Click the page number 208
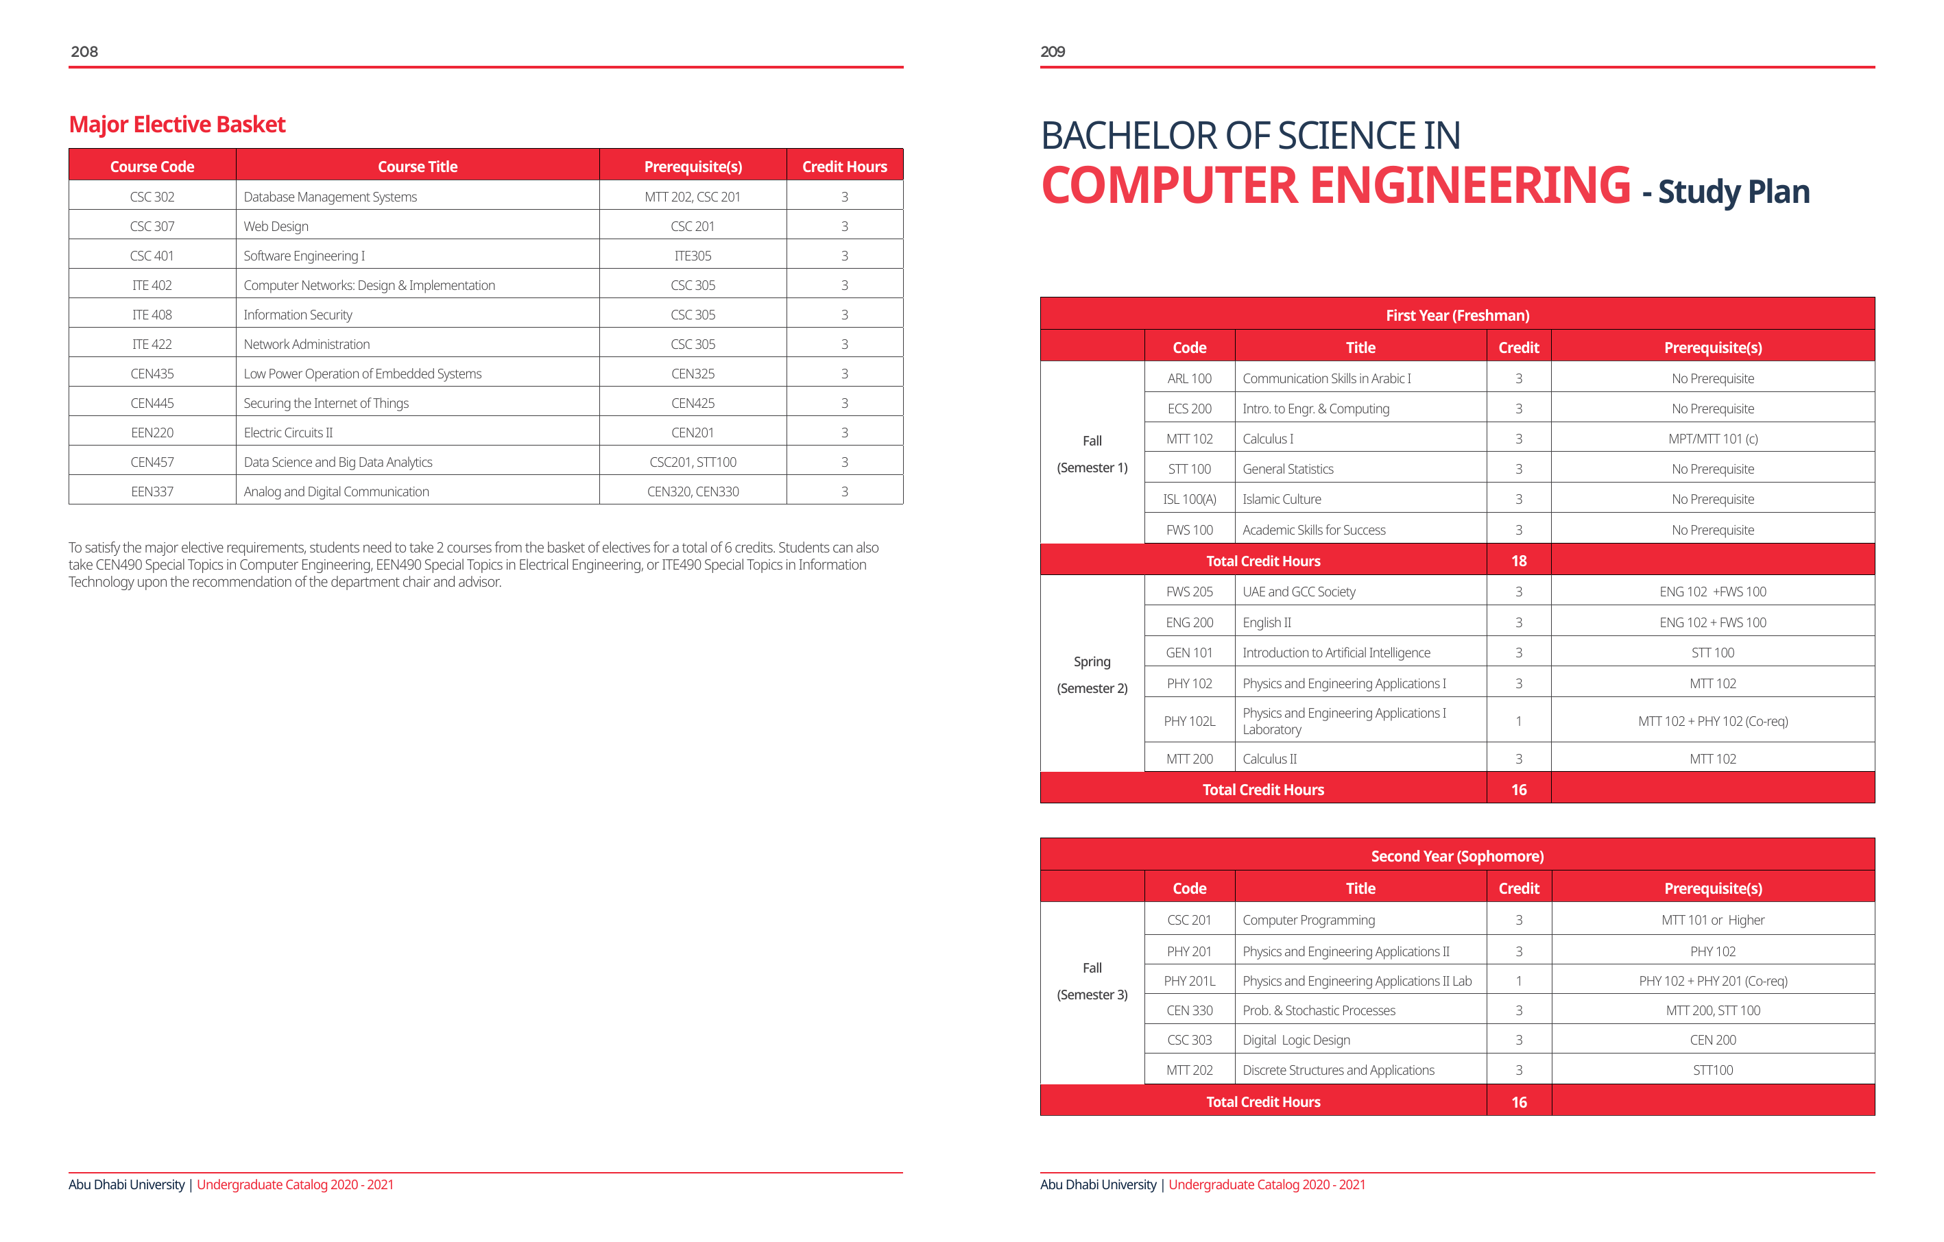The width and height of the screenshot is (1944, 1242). point(84,51)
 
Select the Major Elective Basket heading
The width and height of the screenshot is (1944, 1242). point(177,124)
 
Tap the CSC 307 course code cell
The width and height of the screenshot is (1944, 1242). point(152,227)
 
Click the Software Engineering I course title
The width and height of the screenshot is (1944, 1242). point(304,256)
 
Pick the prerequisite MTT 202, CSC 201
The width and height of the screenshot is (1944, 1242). point(692,197)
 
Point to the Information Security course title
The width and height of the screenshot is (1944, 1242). point(297,315)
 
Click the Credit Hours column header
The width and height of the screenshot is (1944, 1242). point(843,167)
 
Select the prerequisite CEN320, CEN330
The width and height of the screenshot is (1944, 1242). point(692,491)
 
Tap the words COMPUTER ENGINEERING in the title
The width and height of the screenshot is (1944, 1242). point(1335,186)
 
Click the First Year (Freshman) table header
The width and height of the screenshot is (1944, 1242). point(1456,315)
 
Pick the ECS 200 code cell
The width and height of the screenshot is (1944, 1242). point(1189,409)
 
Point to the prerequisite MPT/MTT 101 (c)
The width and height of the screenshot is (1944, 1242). point(1712,439)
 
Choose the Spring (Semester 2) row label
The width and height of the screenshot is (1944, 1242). point(1092,674)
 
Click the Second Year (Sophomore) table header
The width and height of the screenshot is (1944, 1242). point(1456,856)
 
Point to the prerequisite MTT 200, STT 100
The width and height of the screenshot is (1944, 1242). point(1712,1010)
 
